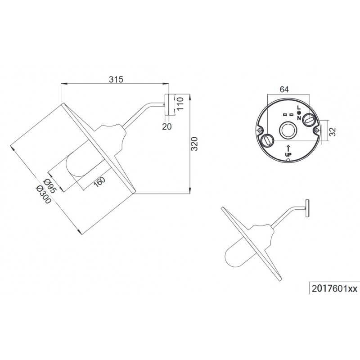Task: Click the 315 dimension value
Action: coord(116,79)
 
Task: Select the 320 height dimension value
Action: coord(194,144)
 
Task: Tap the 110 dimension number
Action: coord(180,103)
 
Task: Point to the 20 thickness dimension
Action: coord(166,126)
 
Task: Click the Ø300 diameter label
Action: coord(43,194)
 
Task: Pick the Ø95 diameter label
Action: coord(49,186)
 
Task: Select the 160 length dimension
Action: coord(99,182)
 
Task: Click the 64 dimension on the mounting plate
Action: coord(284,89)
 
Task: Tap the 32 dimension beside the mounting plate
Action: coord(332,131)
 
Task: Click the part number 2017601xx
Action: coord(334,288)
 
